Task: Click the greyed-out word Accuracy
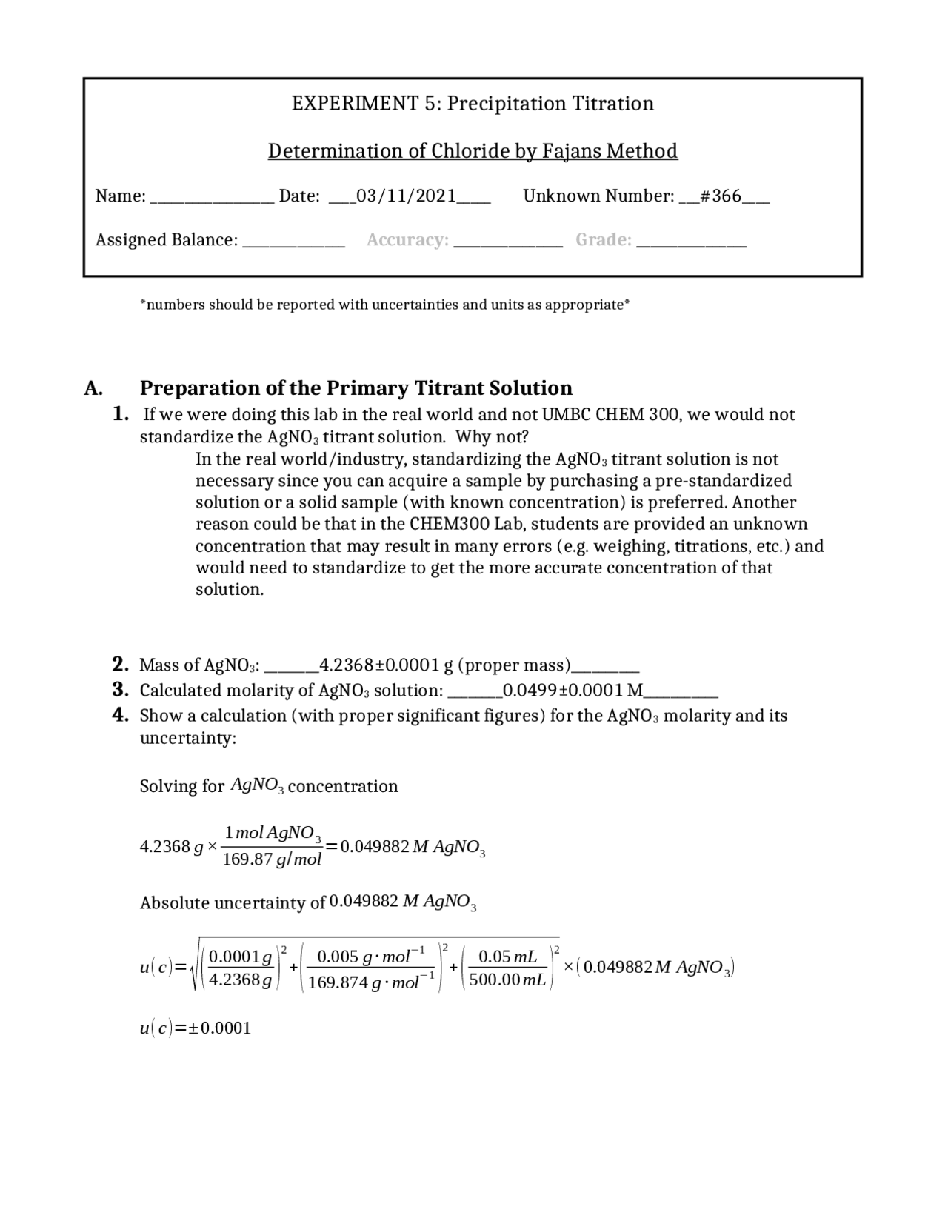coord(407,240)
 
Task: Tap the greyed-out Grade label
coord(604,240)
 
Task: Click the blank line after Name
coord(212,199)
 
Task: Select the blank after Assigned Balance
coord(293,242)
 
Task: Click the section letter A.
coord(93,389)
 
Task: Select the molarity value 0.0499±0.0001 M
coord(573,691)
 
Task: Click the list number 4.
coord(121,716)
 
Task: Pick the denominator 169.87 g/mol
coord(272,859)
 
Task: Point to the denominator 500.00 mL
coord(507,980)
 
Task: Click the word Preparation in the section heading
coord(194,389)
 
